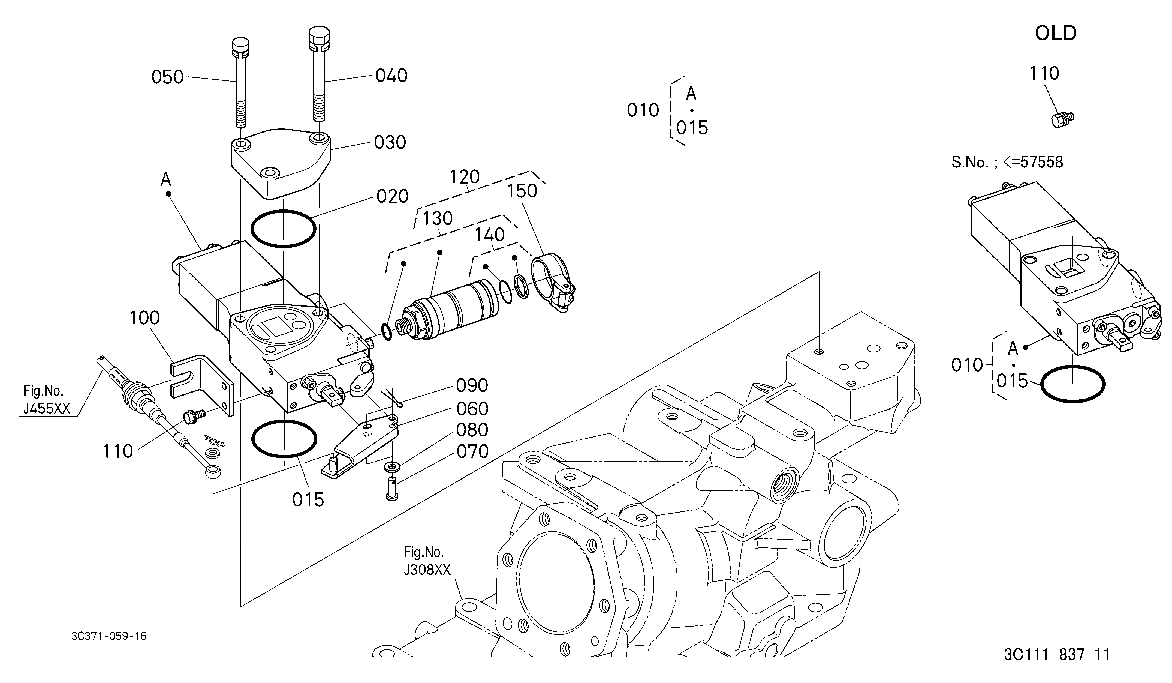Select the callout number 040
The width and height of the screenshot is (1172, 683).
click(x=391, y=75)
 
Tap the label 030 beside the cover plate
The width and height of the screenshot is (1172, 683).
click(x=390, y=142)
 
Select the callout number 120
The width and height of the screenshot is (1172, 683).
click(x=465, y=177)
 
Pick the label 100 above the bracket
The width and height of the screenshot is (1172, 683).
click(x=145, y=318)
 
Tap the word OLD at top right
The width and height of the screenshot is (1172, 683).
click(x=1055, y=34)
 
